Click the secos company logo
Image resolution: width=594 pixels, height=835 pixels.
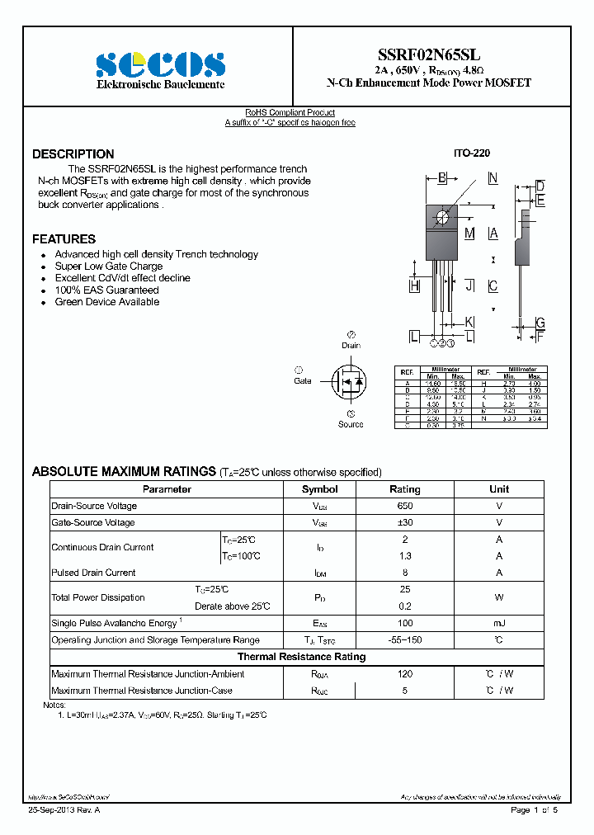pyautogui.click(x=160, y=64)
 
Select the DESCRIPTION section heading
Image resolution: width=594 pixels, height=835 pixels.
pyautogui.click(x=73, y=154)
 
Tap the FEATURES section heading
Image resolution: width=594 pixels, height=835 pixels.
pyautogui.click(x=64, y=239)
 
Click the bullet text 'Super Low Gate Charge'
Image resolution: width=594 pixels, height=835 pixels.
pyautogui.click(x=109, y=267)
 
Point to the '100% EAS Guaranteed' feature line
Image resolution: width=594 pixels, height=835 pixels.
pyautogui.click(x=106, y=290)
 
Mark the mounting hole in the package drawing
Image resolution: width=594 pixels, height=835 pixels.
pyautogui.click(x=442, y=217)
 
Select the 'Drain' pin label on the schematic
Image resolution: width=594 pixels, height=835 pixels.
pyautogui.click(x=351, y=346)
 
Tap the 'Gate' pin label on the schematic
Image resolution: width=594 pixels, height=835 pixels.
pyautogui.click(x=303, y=381)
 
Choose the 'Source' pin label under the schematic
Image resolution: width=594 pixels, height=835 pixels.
pyautogui.click(x=351, y=424)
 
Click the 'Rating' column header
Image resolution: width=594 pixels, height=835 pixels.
pyautogui.click(x=404, y=489)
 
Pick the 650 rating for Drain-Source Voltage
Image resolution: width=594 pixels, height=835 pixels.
pyautogui.click(x=404, y=506)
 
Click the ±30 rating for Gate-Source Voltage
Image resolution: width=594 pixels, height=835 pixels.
pyautogui.click(x=404, y=522)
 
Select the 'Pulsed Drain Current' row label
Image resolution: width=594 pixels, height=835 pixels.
pyautogui.click(x=93, y=573)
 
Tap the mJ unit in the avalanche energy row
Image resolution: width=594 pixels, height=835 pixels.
pyautogui.click(x=499, y=623)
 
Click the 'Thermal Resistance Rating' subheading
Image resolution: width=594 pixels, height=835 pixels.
pyautogui.click(x=301, y=657)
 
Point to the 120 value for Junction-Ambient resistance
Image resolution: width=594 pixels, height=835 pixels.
pyautogui.click(x=404, y=674)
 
